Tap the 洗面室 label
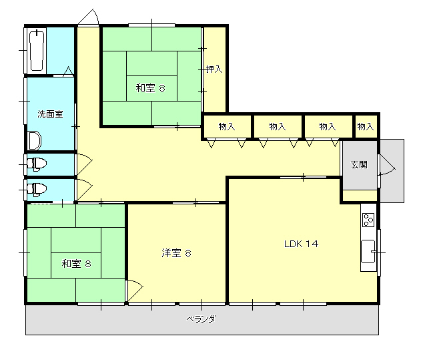50,114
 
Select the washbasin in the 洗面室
34,141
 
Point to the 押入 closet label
214,69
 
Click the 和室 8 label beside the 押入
150,87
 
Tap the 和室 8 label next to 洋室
76,263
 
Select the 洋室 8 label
176,252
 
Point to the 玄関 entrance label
359,165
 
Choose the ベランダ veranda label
201,319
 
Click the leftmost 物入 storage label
227,126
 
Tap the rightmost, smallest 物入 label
365,126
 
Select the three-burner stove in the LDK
368,218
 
